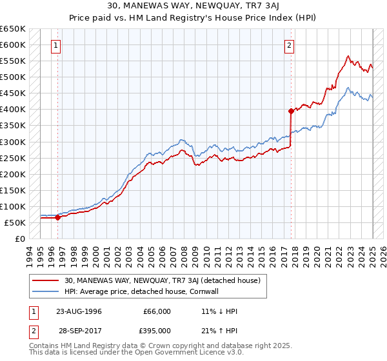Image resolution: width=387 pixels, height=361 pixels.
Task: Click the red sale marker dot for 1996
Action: tap(57, 217)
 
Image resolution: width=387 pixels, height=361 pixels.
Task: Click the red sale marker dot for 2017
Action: tap(291, 111)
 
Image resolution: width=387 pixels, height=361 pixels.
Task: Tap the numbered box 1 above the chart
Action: tap(57, 45)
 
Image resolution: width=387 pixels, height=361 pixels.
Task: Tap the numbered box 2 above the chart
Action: tap(290, 45)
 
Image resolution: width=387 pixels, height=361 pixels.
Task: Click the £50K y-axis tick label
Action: tap(15, 222)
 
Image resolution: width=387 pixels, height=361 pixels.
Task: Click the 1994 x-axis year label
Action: tap(28, 255)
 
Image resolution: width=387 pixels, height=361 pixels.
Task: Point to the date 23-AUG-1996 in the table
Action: tap(79, 311)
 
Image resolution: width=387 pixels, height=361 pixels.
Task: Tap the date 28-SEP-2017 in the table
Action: tap(79, 330)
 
